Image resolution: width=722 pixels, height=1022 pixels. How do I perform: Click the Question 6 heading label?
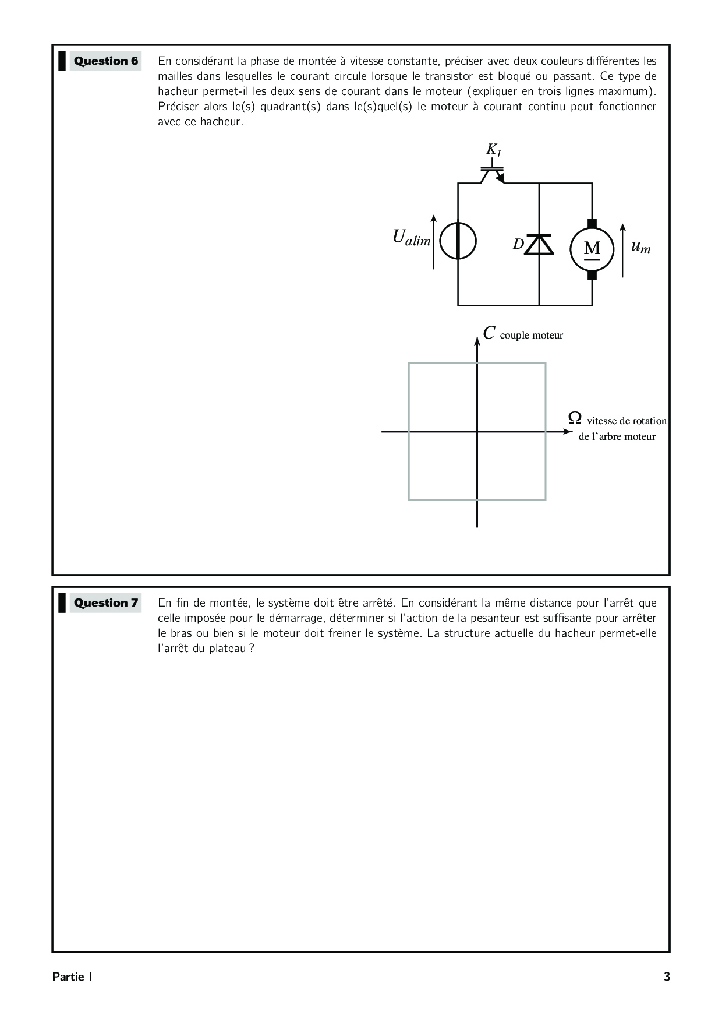coord(105,61)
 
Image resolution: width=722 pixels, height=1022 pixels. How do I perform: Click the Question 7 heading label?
coord(105,603)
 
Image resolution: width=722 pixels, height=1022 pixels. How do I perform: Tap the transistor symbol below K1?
coord(493,174)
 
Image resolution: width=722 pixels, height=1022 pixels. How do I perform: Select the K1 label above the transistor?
coord(494,150)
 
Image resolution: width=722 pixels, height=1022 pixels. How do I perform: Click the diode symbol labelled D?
coord(539,245)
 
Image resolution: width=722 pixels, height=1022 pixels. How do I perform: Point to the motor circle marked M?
coord(592,249)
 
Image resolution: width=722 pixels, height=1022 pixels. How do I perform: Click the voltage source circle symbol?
coord(458,241)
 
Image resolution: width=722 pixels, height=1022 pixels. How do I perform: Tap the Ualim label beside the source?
coord(411,238)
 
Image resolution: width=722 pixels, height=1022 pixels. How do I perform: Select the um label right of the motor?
coord(640,247)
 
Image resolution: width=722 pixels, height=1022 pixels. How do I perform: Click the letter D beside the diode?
coord(518,245)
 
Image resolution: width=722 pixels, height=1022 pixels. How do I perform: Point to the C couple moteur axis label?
coord(523,334)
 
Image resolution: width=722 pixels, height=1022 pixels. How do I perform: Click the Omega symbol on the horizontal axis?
coord(575,418)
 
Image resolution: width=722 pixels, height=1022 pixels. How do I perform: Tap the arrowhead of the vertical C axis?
coord(477,340)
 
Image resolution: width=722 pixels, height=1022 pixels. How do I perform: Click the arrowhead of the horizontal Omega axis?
coord(569,431)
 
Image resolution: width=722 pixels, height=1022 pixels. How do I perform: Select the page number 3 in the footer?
coord(667,977)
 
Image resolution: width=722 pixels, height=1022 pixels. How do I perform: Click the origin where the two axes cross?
coord(477,431)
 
